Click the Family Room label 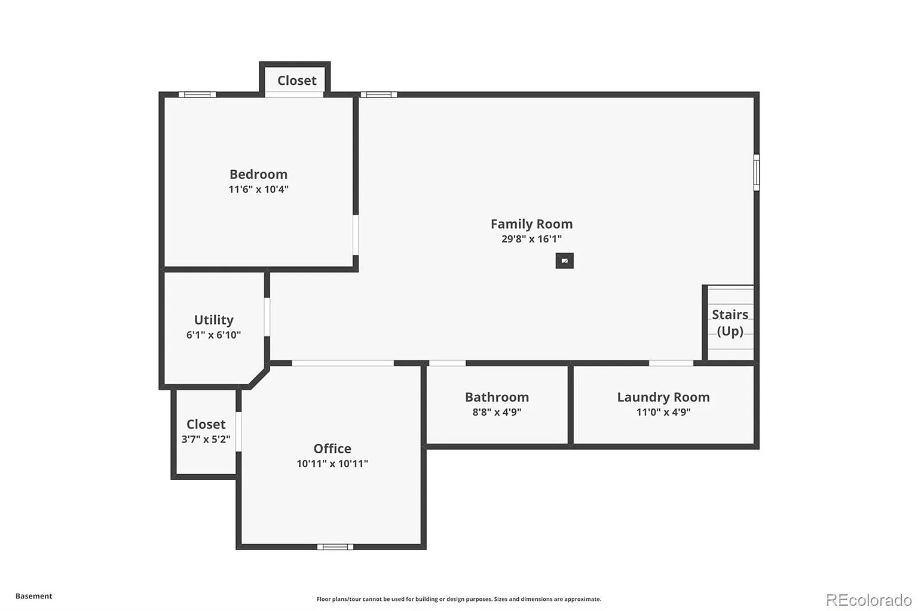coord(531,224)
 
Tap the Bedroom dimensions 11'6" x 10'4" coord(259,189)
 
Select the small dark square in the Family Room coord(564,260)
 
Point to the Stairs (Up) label coord(730,323)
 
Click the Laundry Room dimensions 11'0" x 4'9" coord(663,412)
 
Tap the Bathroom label coord(497,397)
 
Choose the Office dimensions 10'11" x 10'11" coord(332,463)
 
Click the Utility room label coord(213,320)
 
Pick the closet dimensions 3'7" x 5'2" coord(206,440)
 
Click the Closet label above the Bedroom coord(296,81)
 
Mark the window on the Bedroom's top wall coord(197,94)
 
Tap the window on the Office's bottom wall coord(335,546)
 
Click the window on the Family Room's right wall coord(757,173)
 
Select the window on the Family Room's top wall coord(379,94)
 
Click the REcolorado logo coord(869,600)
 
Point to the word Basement coord(34,596)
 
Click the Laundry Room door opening coord(671,363)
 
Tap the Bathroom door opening coord(447,363)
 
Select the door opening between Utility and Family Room coord(267,317)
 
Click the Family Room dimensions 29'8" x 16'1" coord(531,239)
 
